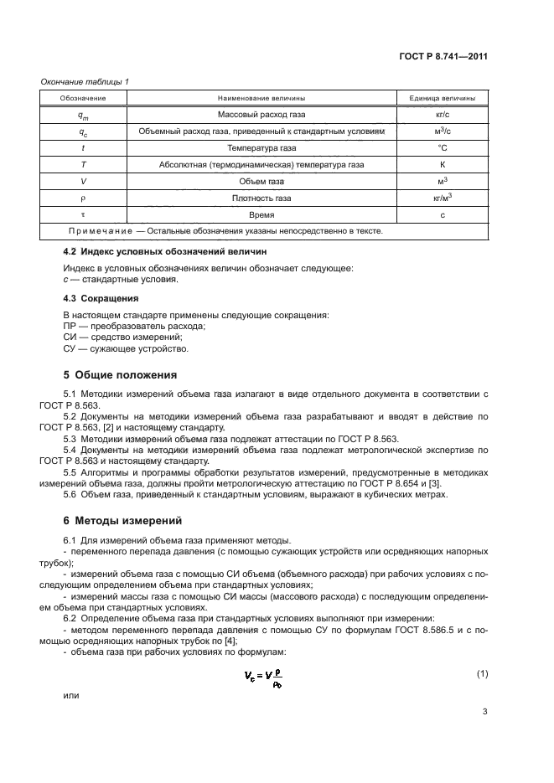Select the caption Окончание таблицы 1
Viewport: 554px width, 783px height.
(x=85, y=81)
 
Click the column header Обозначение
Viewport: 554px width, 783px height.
(x=81, y=97)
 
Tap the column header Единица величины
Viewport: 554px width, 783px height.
(x=441, y=97)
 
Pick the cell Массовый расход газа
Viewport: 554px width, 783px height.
(x=261, y=114)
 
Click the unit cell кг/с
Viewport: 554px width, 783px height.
(x=441, y=114)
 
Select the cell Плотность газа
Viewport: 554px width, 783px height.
(x=261, y=198)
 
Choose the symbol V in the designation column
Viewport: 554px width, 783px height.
(x=82, y=181)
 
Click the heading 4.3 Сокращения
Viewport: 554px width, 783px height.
(x=101, y=297)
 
